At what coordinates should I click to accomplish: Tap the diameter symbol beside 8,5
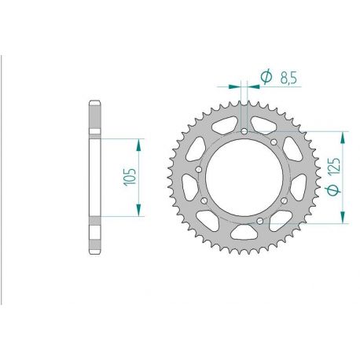coord(265,76)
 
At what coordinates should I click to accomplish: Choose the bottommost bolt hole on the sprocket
coord(259,223)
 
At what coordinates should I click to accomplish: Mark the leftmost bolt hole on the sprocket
coord(199,170)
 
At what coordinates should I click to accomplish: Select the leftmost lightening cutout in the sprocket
coord(189,189)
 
